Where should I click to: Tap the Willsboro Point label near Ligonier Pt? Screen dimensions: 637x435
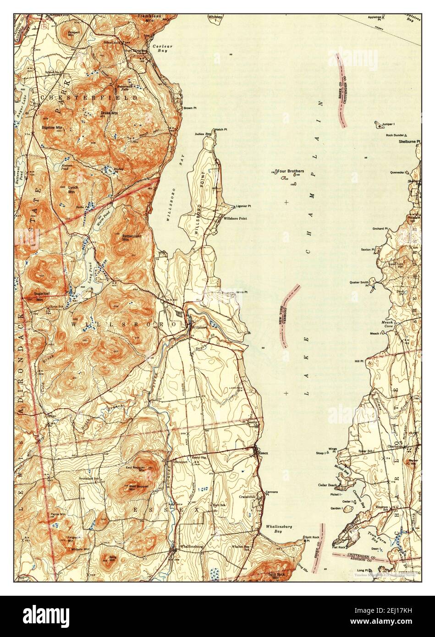point(235,219)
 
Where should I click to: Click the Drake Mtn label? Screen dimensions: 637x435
point(108,112)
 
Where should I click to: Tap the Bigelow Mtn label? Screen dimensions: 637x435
point(52,127)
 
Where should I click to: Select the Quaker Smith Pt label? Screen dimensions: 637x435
point(359,283)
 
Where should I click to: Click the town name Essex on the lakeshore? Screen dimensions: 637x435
point(263,453)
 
